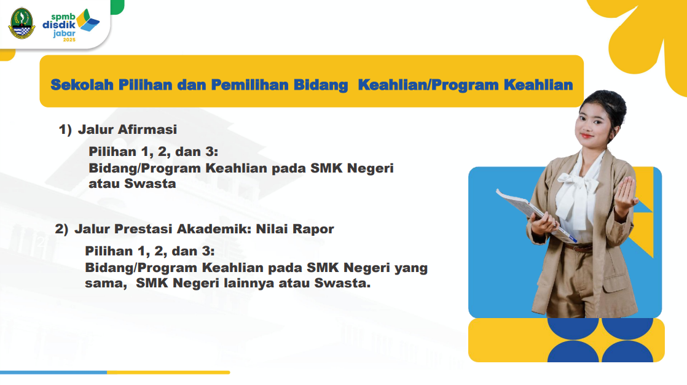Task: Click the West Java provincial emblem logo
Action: (22, 23)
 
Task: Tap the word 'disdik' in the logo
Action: (59, 25)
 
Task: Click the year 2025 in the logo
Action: (69, 40)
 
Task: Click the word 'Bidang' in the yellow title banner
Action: (321, 85)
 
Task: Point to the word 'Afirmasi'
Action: (147, 129)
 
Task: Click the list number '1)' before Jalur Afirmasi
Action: (65, 130)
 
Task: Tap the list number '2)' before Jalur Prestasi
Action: (62, 229)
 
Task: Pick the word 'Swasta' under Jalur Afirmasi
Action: (151, 183)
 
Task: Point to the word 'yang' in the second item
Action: (411, 268)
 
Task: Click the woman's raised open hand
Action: (626, 194)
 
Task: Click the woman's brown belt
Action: (578, 247)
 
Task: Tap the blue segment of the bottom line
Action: (53, 372)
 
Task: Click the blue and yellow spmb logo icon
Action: (88, 20)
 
